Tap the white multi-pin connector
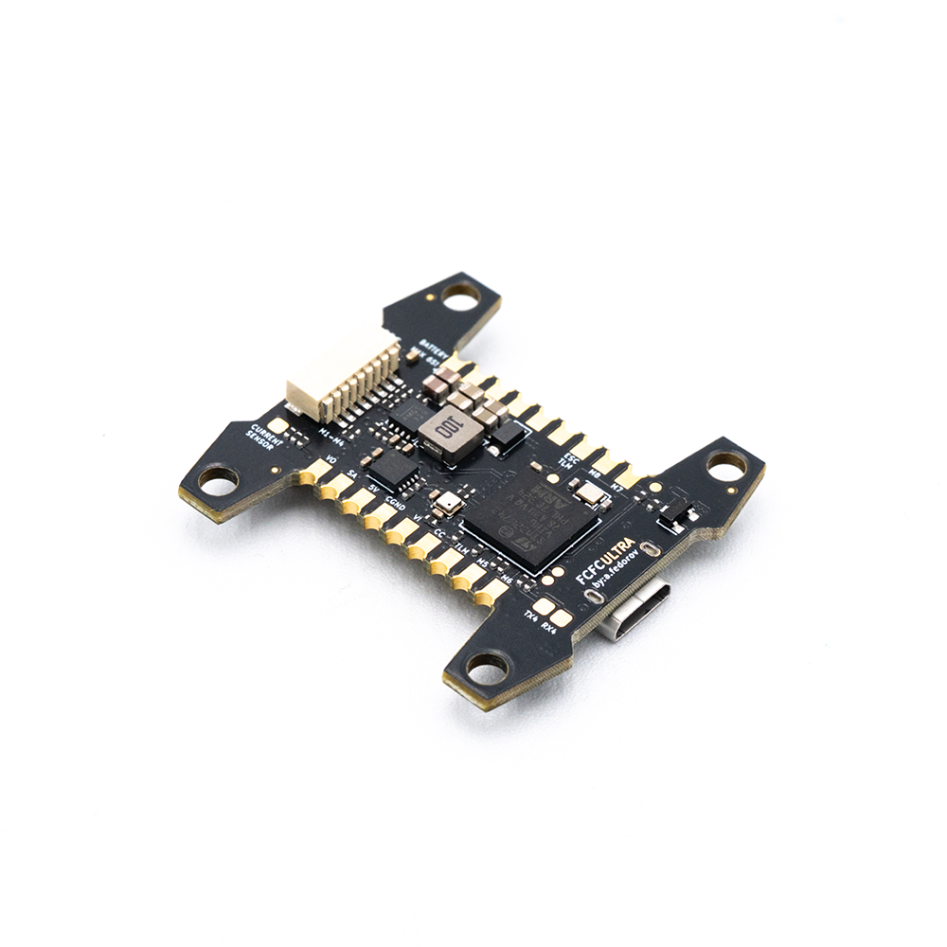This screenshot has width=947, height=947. click(x=342, y=376)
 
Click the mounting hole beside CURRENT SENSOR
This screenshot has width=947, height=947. click(x=219, y=482)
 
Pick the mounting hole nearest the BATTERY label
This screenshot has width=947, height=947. click(x=461, y=299)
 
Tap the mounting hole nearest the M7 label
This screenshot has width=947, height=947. click(x=726, y=465)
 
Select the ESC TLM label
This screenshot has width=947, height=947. click(x=570, y=460)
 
